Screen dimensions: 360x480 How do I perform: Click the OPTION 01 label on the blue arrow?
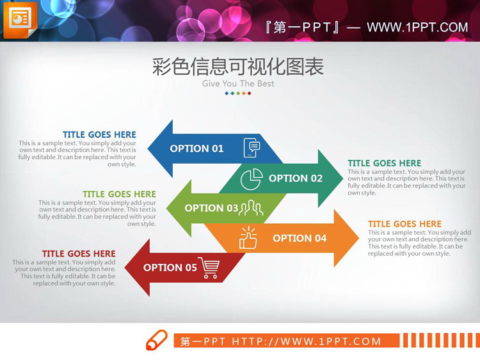coord(196,148)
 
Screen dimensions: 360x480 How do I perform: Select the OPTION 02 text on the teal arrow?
coord(296,178)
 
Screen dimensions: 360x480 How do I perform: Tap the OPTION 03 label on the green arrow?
coord(211,208)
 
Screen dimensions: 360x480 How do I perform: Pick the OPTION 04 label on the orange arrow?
coord(300,238)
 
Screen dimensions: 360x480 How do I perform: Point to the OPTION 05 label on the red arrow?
coord(170,267)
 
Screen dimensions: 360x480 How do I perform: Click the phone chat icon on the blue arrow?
coord(252,148)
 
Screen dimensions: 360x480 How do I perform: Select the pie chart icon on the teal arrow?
coord(252,179)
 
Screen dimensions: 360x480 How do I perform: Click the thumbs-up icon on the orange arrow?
coord(248,239)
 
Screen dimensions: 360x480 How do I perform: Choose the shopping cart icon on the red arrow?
coord(209,267)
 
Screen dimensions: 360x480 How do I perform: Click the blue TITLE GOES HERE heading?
coord(99,135)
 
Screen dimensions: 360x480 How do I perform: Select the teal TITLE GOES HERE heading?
coord(385,163)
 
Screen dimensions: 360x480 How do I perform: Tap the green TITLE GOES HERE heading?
coord(119,194)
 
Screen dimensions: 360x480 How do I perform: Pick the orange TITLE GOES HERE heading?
coord(404,224)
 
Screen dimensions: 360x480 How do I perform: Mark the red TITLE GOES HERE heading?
coord(79,254)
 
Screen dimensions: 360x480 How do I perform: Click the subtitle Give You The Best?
coord(238,84)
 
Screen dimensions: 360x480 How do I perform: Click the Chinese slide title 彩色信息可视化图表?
coord(238,67)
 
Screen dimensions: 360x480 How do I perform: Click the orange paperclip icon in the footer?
coord(156,340)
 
